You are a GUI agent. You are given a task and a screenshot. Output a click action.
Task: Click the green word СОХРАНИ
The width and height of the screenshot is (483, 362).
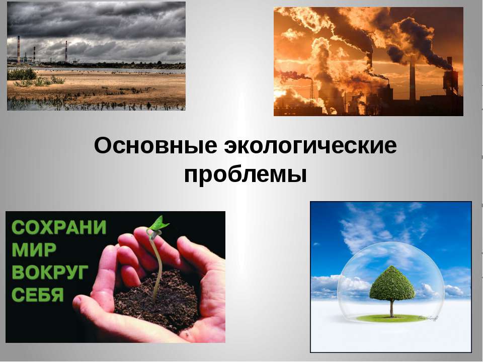point(59,227)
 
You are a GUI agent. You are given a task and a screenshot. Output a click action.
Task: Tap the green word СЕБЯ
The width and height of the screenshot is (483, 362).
point(38,294)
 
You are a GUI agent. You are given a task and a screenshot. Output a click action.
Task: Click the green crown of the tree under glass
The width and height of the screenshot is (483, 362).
point(392,283)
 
